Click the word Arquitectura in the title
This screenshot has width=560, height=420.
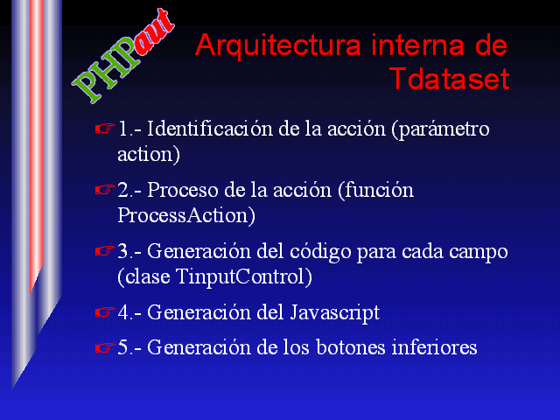[x=278, y=46]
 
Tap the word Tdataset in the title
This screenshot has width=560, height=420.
[x=450, y=79]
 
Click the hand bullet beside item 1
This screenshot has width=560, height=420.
[x=105, y=128]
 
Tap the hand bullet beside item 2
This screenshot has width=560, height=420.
[x=105, y=189]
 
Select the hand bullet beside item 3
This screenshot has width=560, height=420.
[x=105, y=251]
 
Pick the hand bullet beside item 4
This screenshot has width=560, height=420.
[x=105, y=312]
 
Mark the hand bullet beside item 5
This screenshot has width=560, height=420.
[x=105, y=347]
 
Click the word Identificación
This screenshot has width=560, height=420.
[x=210, y=129]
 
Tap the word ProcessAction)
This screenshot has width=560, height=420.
[x=186, y=216]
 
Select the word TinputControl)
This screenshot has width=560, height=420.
[x=244, y=277]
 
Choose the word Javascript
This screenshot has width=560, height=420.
[x=334, y=313]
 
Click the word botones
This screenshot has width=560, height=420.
[x=351, y=347]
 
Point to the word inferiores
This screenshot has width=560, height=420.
[x=434, y=347]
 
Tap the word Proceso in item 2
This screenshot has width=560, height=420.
[x=183, y=190]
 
